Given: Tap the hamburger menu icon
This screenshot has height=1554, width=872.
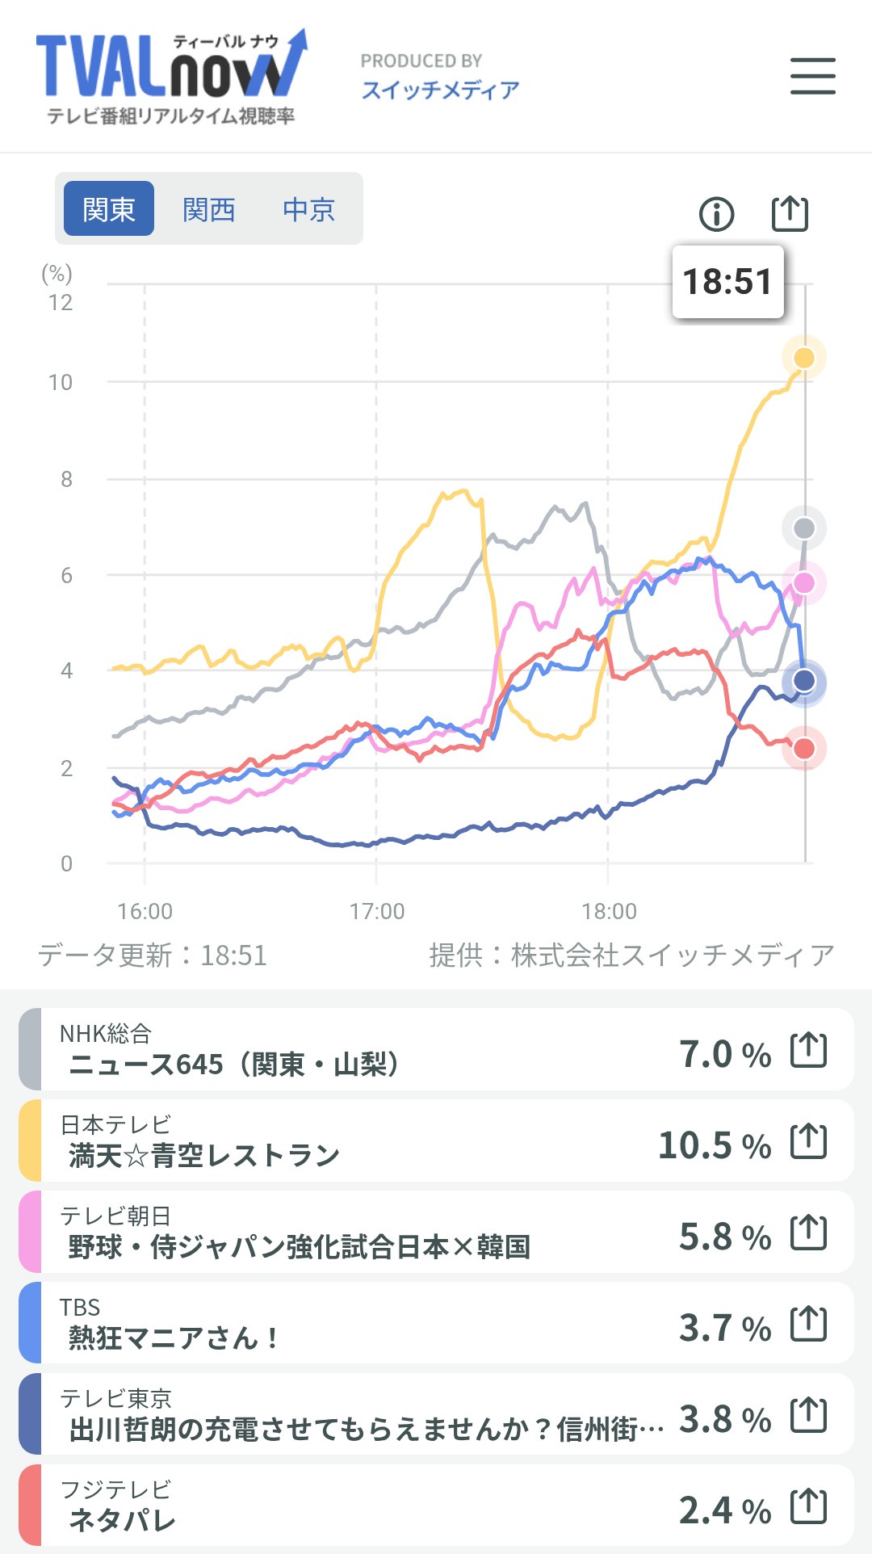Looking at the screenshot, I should pyautogui.click(x=812, y=76).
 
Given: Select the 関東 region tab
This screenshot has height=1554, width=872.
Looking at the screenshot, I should pyautogui.click(x=109, y=209).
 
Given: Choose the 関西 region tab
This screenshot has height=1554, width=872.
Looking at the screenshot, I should pyautogui.click(x=208, y=209).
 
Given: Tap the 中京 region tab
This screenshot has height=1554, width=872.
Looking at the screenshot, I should pyautogui.click(x=308, y=209).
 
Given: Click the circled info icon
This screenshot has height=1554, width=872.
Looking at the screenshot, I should pyautogui.click(x=716, y=214).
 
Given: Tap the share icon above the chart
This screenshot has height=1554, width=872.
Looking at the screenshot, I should pyautogui.click(x=790, y=213).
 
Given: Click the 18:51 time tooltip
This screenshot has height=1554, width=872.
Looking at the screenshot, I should pyautogui.click(x=727, y=282).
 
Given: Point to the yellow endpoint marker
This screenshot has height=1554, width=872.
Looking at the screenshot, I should pyautogui.click(x=804, y=358).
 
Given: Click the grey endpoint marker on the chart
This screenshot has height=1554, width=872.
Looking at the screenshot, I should pyautogui.click(x=804, y=528).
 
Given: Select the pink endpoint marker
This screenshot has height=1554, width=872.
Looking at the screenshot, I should pyautogui.click(x=804, y=582).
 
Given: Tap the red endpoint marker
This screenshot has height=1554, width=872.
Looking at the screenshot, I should pyautogui.click(x=804, y=749).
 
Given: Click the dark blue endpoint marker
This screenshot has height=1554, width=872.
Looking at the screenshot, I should pyautogui.click(x=804, y=681).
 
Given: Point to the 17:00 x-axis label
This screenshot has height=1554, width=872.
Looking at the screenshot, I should pyautogui.click(x=376, y=911).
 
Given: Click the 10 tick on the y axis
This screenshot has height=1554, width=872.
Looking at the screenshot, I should pyautogui.click(x=61, y=382).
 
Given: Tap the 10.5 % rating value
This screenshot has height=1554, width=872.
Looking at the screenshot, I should pyautogui.click(x=714, y=1145).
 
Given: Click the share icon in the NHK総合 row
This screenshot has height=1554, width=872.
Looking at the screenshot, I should pyautogui.click(x=808, y=1050).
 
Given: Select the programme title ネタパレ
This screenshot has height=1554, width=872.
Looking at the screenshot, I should pyautogui.click(x=122, y=1520).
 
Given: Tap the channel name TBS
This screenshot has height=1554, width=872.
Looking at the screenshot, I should pyautogui.click(x=80, y=1307).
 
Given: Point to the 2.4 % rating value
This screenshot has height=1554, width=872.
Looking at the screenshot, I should pyautogui.click(x=724, y=1510).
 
